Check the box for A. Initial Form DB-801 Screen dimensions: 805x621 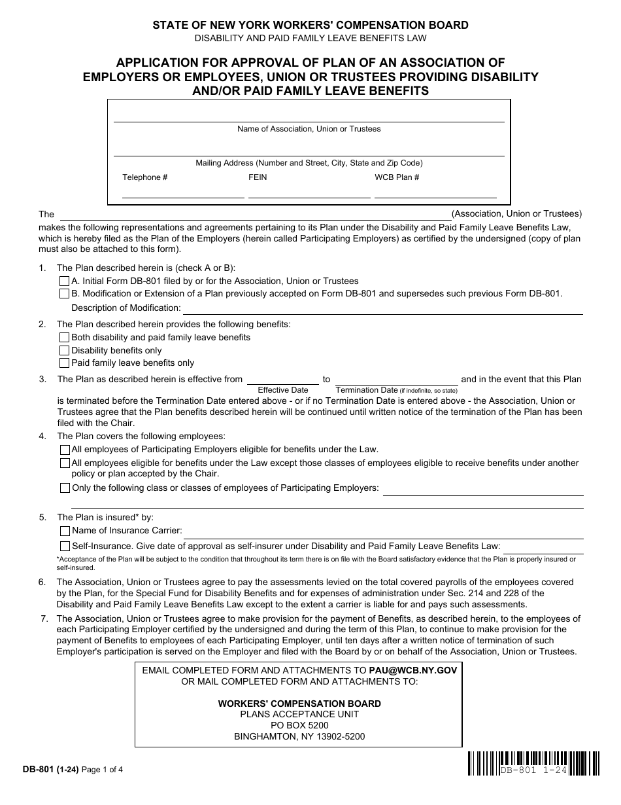coord(64,281)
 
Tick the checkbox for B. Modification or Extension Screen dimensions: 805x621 coord(64,293)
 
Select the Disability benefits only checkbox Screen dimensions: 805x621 coord(64,350)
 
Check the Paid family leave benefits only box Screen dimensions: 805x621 coord(64,363)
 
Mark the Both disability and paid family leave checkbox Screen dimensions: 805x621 coord(64,338)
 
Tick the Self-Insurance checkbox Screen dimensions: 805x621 coord(65,546)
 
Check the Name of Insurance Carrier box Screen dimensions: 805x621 coord(65,531)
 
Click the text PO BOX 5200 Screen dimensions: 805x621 coord(299,725)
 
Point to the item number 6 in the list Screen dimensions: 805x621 coord(42,582)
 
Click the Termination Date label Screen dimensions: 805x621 coord(367,390)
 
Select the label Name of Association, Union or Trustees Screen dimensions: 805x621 coord(309,129)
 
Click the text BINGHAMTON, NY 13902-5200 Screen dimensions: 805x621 coord(299,736)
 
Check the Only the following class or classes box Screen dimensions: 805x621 coord(65,488)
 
